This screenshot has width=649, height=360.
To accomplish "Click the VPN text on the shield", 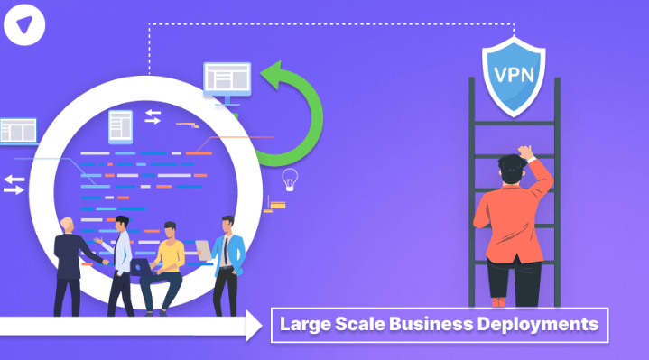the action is (515, 75).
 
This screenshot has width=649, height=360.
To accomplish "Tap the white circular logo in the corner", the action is (24, 25).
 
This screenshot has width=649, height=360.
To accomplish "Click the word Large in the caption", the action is (305, 325).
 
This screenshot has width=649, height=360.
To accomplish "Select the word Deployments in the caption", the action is (538, 325).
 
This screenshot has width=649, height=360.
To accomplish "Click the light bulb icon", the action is (290, 180).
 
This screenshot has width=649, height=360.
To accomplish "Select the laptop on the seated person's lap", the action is (143, 267).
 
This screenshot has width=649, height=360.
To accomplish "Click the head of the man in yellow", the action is (170, 230).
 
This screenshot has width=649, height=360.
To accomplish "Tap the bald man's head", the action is (67, 225).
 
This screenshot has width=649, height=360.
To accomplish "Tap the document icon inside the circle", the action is (120, 126).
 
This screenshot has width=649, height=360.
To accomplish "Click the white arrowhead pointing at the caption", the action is (254, 326).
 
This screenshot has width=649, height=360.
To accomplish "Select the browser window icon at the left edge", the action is (19, 132).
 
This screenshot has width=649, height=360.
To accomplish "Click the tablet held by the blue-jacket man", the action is (204, 250).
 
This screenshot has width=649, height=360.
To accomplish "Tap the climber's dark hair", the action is (513, 168).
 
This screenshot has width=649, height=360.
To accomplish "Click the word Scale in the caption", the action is (360, 324).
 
